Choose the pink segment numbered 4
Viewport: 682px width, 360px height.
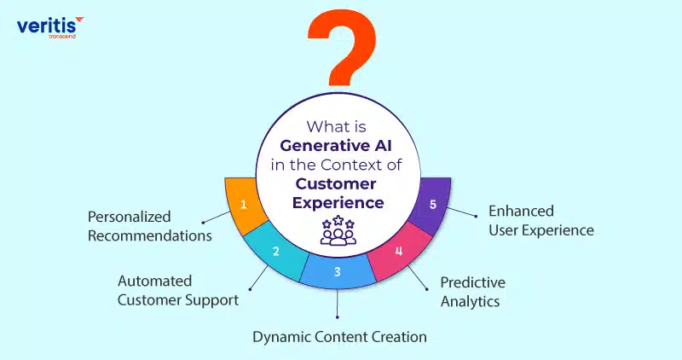pos(399,252)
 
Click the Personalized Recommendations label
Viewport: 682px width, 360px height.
pos(150,226)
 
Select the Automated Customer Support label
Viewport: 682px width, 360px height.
pos(178,291)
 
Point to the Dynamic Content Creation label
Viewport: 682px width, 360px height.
pos(339,337)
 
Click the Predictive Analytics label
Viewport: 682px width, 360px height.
pos(473,292)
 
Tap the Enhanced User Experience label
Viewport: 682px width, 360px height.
pos(541,221)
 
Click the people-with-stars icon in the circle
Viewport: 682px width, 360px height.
pos(338,229)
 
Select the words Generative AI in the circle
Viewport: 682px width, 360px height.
pos(336,146)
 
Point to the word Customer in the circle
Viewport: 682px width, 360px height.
pos(336,183)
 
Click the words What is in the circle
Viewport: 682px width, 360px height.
pos(336,126)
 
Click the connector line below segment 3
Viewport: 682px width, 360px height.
pos(338,304)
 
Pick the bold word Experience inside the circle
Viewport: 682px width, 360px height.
pos(338,203)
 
